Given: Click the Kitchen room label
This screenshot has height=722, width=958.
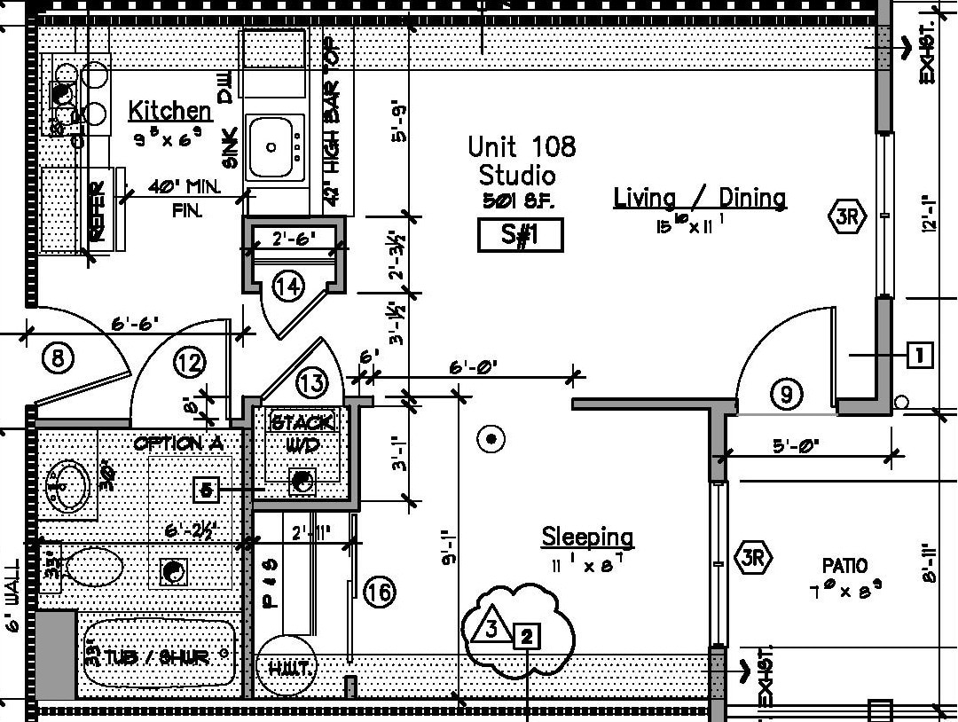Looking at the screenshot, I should pyautogui.click(x=170, y=111).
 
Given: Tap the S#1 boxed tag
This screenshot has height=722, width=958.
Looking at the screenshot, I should pyautogui.click(x=521, y=236).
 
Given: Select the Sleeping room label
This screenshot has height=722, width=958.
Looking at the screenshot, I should pyautogui.click(x=588, y=537).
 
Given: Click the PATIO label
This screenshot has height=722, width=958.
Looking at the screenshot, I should pyautogui.click(x=844, y=565).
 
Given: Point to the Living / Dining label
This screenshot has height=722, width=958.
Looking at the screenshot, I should pyautogui.click(x=700, y=197).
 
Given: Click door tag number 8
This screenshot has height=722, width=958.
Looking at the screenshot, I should pyautogui.click(x=58, y=359).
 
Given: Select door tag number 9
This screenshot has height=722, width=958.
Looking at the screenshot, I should pyautogui.click(x=786, y=393).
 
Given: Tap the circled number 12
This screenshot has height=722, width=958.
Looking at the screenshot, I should pyautogui.click(x=189, y=362).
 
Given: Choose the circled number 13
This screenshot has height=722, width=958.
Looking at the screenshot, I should pyautogui.click(x=311, y=383).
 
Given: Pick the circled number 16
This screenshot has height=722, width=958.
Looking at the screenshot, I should pyautogui.click(x=379, y=592).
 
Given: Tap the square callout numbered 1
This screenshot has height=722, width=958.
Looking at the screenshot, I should pyautogui.click(x=919, y=356).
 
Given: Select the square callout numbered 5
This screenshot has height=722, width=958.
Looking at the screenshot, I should pyautogui.click(x=206, y=489).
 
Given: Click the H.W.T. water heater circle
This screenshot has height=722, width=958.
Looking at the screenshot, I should pyautogui.click(x=286, y=666).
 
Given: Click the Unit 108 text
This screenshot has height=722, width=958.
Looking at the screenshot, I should pyautogui.click(x=522, y=146).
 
